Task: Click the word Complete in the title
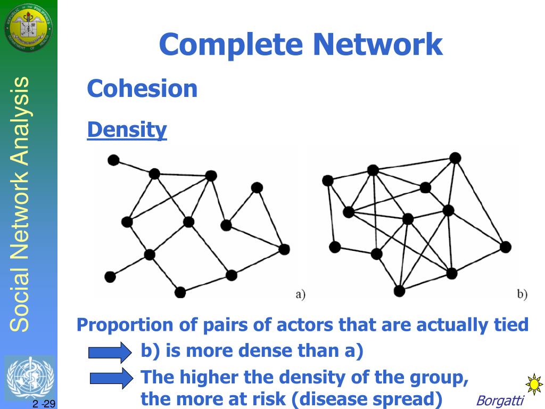232,45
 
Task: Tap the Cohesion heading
142,88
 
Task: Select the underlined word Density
127,129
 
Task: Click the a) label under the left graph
300,294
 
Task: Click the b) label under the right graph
522,294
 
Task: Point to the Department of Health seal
29,28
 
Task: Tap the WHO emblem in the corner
29,378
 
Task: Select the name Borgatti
500,400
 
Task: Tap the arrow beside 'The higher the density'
111,378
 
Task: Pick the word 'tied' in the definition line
510,324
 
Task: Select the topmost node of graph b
455,158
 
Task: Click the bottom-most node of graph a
180,292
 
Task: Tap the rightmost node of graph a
284,249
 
